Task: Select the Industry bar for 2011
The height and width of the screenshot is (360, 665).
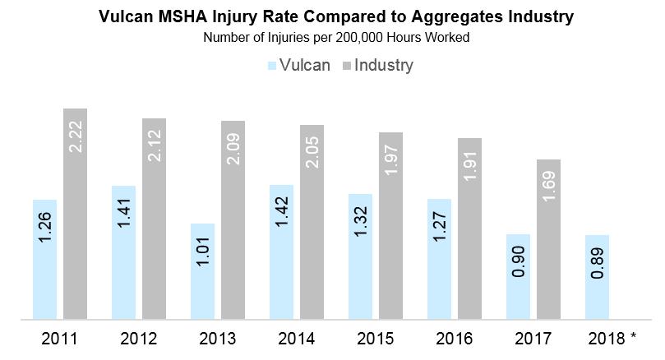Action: [x=75, y=214]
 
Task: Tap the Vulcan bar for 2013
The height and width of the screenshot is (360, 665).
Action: [x=202, y=271]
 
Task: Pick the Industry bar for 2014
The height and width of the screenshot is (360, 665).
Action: [x=312, y=222]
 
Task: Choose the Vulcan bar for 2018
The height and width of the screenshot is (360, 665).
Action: [x=598, y=277]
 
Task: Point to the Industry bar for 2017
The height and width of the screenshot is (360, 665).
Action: [x=548, y=239]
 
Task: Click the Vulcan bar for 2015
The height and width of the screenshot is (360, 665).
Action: [x=360, y=256]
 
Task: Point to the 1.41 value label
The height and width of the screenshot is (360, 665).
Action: [x=123, y=212]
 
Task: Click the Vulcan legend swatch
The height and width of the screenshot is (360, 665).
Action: [x=272, y=66]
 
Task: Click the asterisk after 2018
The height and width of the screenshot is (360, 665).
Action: [x=634, y=336]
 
